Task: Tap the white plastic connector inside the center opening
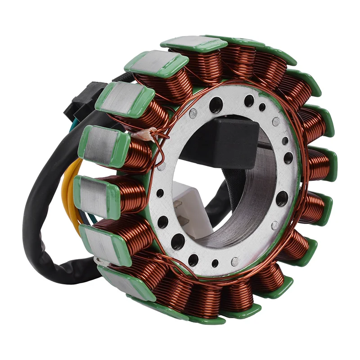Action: [189, 207]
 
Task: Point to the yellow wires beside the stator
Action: [67, 189]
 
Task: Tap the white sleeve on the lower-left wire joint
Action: [100, 260]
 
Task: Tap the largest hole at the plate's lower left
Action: [178, 240]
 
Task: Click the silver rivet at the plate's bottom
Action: [234, 261]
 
